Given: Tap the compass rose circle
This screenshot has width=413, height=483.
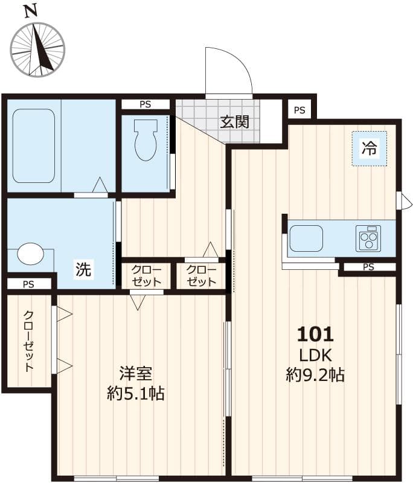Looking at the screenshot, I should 37,50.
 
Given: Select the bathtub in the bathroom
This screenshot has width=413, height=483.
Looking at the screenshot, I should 33,146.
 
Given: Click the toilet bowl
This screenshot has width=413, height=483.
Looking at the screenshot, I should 145,140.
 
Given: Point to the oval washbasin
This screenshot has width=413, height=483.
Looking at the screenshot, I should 30,254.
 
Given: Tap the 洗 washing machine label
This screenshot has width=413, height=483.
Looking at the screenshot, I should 83,270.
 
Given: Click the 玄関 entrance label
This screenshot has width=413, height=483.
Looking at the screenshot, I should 234,121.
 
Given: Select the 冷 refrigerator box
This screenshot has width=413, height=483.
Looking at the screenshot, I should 369,148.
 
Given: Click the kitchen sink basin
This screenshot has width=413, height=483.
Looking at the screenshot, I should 306,238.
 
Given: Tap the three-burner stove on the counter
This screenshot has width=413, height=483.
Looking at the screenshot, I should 368,238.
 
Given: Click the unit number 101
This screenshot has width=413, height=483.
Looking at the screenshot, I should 315,334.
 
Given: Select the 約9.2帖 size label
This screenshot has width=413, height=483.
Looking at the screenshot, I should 315,375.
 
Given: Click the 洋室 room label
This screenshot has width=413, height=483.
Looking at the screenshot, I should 135,373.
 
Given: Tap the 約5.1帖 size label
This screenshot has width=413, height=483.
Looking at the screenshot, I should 136,394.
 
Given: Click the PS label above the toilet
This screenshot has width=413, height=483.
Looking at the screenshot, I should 145,104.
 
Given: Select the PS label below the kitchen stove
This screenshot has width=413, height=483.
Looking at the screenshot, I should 368,267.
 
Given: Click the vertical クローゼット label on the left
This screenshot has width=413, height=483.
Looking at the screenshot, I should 28,341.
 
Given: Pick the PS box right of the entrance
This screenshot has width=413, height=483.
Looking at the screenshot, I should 299,110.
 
